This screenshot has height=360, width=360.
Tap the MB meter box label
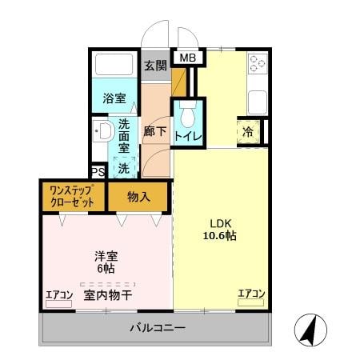(186, 58)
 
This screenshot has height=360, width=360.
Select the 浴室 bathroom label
(113, 100)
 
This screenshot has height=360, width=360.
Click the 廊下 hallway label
(155, 131)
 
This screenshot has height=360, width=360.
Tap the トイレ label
(189, 137)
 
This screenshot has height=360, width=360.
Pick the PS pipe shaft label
(98, 171)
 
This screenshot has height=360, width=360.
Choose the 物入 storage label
(138, 197)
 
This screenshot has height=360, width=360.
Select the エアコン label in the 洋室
(58, 294)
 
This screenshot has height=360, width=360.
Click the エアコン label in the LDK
(250, 294)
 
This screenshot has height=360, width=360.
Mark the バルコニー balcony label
(158, 329)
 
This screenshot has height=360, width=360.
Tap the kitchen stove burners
(258, 63)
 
